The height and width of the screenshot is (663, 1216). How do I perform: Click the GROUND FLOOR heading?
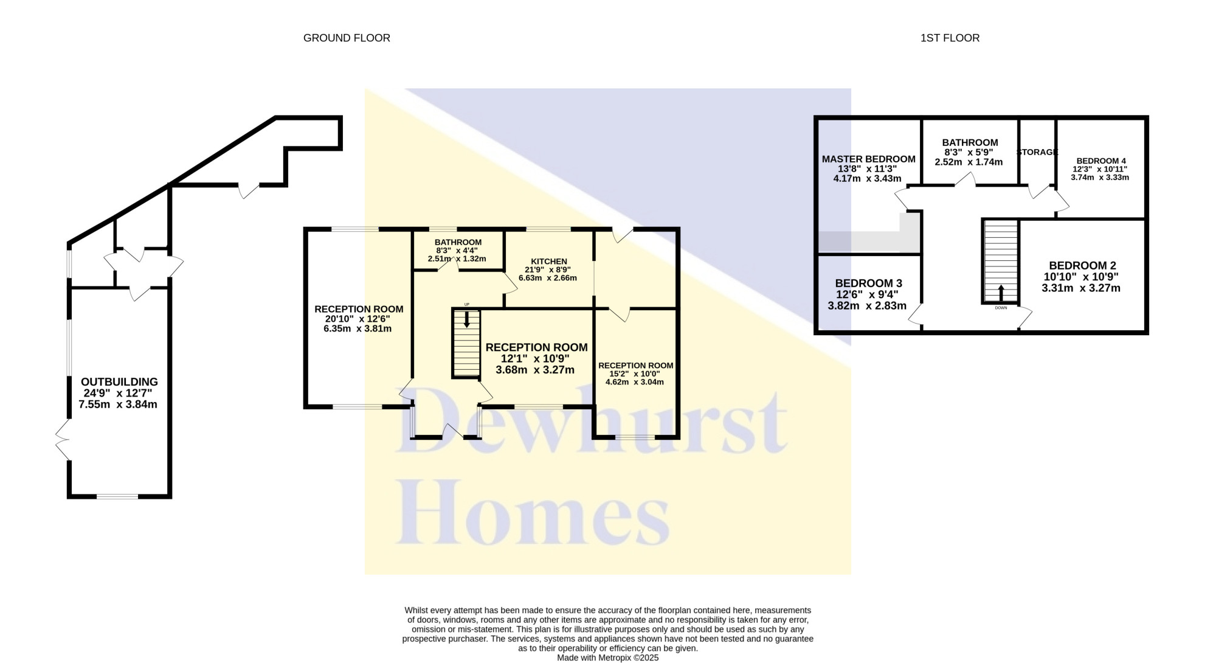pos(347,38)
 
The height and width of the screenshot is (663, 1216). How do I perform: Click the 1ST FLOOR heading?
pos(950,38)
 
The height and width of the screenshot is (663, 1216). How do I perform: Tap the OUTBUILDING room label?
pos(119,382)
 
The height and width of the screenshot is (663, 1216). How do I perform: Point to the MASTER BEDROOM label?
pos(868,159)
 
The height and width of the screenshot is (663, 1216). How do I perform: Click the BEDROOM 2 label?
pos(1082,266)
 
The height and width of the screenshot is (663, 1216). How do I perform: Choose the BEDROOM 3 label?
pos(868,283)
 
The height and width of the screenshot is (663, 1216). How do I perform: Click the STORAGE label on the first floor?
pos(1037,152)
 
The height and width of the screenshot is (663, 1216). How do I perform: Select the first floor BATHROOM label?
pos(970,143)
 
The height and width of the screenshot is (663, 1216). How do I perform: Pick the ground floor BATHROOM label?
pos(458,242)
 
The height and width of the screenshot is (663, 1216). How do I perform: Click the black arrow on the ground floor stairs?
pos(466,319)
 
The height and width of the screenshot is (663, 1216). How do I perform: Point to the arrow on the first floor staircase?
pos(1001,293)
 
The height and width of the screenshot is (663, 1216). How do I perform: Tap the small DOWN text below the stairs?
pos(1001,308)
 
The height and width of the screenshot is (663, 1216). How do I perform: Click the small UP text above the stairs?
pos(466,304)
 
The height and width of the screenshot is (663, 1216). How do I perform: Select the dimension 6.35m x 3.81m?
pos(358,329)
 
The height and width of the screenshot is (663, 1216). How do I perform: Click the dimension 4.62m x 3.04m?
pos(635,382)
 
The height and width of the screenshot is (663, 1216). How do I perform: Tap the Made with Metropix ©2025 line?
pos(607,658)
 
